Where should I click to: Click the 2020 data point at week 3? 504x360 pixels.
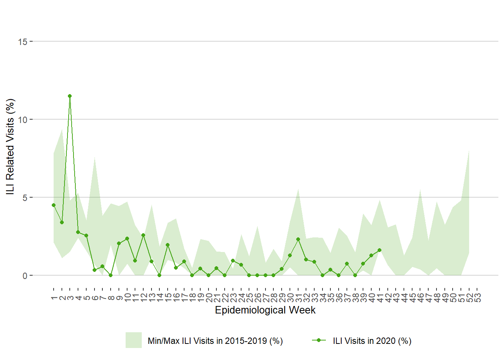[70, 96]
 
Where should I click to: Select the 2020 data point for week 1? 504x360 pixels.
[54, 205]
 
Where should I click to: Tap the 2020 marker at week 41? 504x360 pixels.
[379, 250]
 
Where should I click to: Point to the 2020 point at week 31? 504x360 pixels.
[298, 239]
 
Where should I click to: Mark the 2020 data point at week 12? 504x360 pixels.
[143, 235]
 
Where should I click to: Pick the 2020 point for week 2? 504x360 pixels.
[62, 222]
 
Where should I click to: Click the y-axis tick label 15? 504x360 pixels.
[22, 42]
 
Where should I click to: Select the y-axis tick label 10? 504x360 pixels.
[22, 120]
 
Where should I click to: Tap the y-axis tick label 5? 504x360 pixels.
[25, 198]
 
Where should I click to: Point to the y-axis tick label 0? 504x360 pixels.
[25, 276]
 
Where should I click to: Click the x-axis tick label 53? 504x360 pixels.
[477, 298]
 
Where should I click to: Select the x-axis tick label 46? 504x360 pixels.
[420, 298]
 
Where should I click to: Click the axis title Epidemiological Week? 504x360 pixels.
[265, 310]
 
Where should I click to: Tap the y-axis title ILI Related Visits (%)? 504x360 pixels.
[10, 146]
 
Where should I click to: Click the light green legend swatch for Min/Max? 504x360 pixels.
[133, 340]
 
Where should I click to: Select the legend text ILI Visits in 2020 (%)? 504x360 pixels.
[372, 341]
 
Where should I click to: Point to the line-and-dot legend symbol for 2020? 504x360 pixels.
[319, 340]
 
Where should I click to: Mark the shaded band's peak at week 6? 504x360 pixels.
[94, 157]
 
